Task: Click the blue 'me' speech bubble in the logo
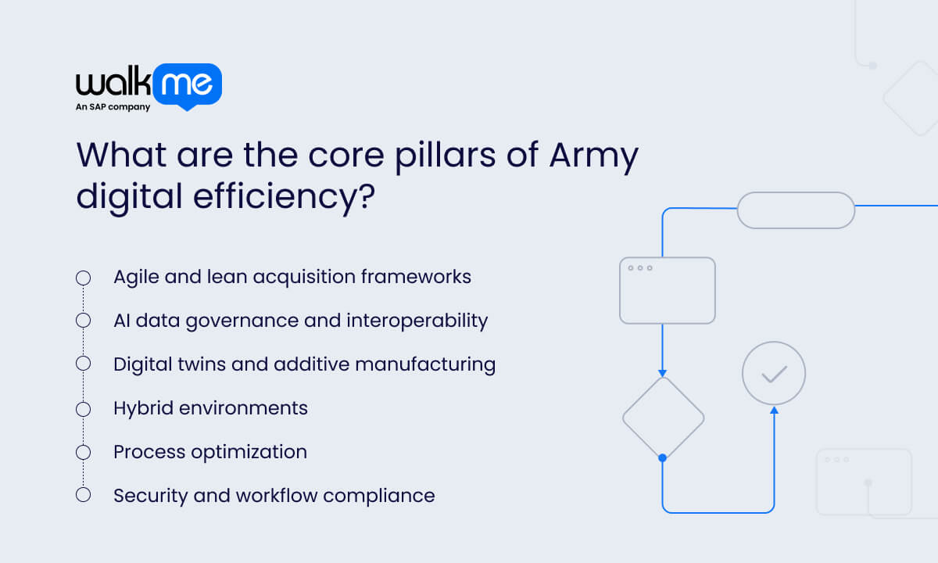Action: tap(188, 84)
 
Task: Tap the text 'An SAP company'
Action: tap(113, 108)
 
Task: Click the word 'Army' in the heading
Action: tap(594, 154)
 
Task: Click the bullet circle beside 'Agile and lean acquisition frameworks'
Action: tap(83, 278)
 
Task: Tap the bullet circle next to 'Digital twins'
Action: tap(83, 364)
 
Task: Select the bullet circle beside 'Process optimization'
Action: tap(83, 452)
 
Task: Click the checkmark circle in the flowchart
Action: tap(774, 373)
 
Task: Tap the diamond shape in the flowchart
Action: tap(663, 418)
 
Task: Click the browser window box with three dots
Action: tap(667, 290)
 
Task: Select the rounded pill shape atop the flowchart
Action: tap(796, 210)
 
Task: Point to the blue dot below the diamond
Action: tap(663, 457)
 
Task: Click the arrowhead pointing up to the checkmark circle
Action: tap(774, 410)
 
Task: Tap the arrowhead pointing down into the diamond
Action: tap(663, 372)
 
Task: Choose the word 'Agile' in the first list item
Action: tap(134, 277)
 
